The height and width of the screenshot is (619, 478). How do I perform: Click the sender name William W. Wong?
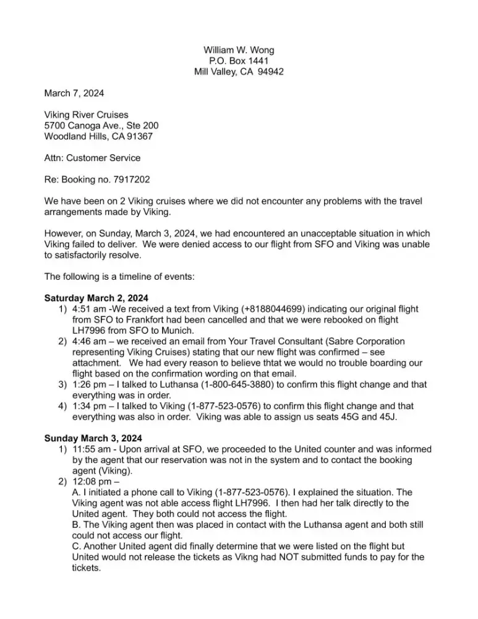tap(239, 50)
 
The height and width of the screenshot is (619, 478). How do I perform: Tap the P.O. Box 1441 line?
tap(239, 61)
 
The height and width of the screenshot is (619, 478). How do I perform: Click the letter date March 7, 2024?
tap(74, 93)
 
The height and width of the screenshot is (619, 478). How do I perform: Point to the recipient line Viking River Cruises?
tap(86, 115)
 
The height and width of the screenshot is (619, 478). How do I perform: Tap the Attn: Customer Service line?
tap(92, 158)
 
